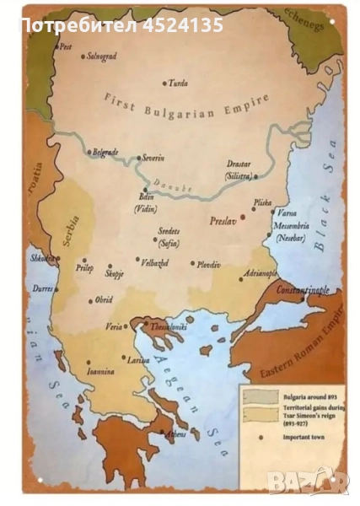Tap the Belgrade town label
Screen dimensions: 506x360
[x=105, y=152]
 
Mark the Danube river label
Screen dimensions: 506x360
[x=175, y=184]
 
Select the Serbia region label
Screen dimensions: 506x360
[x=70, y=228]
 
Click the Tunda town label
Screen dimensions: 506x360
[x=178, y=83]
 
